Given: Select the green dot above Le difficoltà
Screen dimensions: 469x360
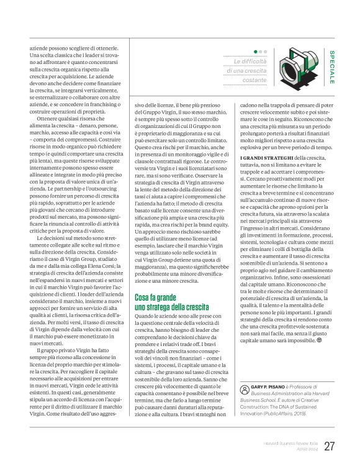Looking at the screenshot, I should click(256, 52).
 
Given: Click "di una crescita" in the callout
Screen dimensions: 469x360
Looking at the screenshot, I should click(246, 71).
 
